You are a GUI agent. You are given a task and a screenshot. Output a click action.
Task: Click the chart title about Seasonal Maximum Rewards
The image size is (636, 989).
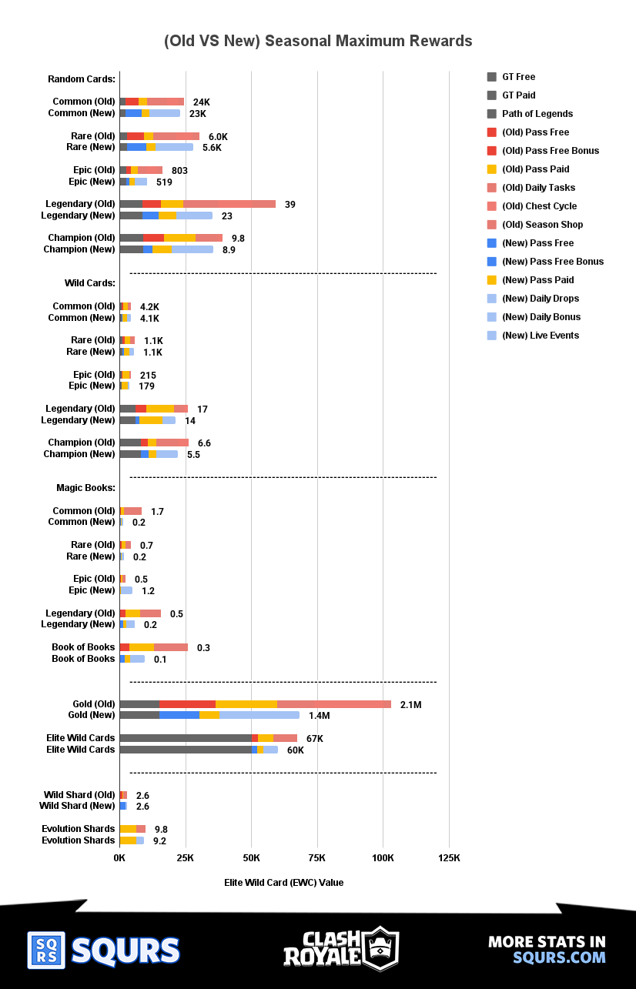(318, 41)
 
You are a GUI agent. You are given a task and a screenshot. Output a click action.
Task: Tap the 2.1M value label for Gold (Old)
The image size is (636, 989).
(410, 705)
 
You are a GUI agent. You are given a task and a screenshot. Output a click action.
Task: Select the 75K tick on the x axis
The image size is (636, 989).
(316, 858)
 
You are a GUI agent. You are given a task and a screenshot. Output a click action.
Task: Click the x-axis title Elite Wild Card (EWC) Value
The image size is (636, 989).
(283, 883)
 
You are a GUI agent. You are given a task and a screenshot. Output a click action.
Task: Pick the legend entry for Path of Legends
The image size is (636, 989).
(537, 114)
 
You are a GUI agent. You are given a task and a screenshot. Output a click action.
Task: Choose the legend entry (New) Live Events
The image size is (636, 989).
(540, 336)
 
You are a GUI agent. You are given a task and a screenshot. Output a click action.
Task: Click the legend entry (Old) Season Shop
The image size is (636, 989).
(542, 225)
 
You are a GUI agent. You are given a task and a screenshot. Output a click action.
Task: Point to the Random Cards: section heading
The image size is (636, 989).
(82, 79)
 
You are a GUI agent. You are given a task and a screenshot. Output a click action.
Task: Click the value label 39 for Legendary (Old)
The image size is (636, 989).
(290, 205)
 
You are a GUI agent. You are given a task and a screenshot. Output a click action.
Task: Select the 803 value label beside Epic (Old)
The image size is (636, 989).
(179, 171)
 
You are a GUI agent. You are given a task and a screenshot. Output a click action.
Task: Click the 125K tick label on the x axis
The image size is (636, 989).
(449, 858)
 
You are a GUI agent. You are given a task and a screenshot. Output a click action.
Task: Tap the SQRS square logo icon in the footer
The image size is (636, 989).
(46, 950)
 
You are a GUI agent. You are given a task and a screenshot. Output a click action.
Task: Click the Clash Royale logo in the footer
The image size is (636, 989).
(340, 948)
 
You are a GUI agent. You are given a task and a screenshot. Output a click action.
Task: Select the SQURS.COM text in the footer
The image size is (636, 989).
(559, 957)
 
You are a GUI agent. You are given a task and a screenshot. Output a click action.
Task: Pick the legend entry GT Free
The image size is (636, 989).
(518, 77)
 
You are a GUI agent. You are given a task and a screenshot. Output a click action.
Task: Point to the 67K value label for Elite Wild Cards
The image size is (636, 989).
(314, 739)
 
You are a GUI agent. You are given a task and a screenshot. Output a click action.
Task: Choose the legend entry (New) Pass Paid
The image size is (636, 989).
(537, 280)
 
